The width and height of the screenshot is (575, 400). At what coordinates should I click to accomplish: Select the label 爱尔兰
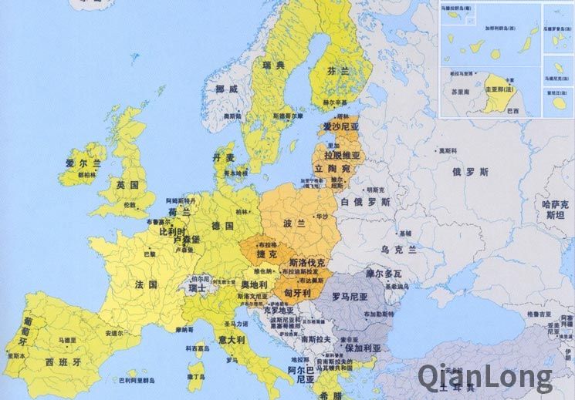click(83, 163)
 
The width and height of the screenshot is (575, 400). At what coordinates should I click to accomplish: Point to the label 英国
click(127, 186)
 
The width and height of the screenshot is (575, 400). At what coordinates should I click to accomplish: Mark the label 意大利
click(230, 339)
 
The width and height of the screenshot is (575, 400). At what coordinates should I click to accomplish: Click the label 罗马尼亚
click(348, 295)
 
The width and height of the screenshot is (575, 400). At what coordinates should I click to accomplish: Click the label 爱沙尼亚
click(341, 126)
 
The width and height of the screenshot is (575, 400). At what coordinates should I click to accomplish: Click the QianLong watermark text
click(485, 377)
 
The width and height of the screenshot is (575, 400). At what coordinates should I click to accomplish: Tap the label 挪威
click(227, 89)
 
